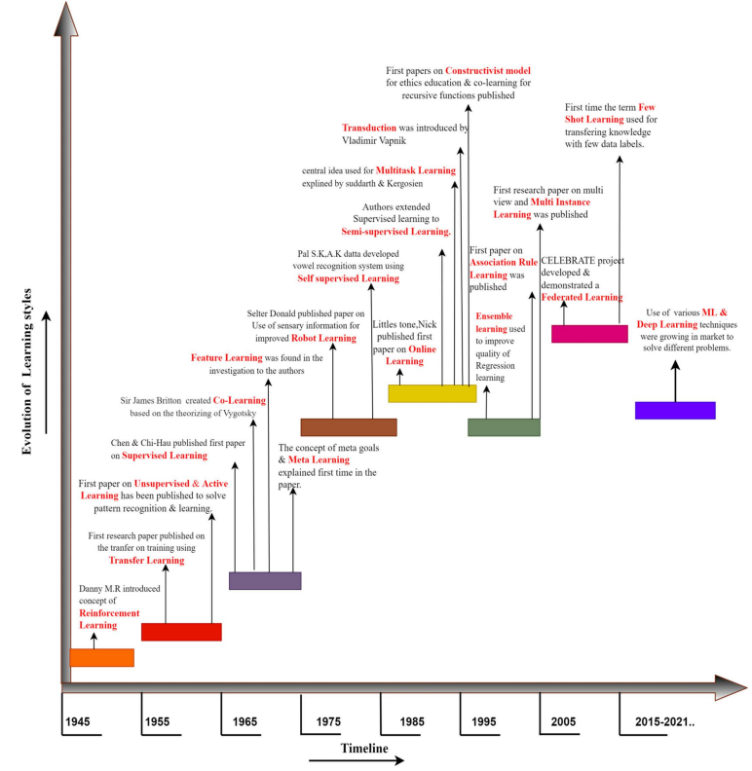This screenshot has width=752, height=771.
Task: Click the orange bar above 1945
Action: tap(101, 657)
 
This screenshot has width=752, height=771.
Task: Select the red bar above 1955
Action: tap(181, 632)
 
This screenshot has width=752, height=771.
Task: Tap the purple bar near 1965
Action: tap(265, 580)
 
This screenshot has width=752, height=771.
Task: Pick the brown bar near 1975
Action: tap(348, 426)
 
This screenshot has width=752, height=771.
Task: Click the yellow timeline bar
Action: tap(432, 393)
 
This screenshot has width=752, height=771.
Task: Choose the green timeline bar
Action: tap(504, 426)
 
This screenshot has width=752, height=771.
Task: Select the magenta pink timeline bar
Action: tap(589, 334)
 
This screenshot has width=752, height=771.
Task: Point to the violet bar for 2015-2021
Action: tap(675, 410)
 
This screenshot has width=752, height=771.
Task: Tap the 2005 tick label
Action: tap(563, 721)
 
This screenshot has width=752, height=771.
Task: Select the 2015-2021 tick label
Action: tap(665, 721)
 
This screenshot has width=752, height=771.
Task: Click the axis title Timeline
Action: tap(364, 748)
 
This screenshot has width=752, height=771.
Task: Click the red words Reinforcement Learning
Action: tap(109, 619)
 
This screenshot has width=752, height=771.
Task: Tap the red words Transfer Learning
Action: tap(146, 561)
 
